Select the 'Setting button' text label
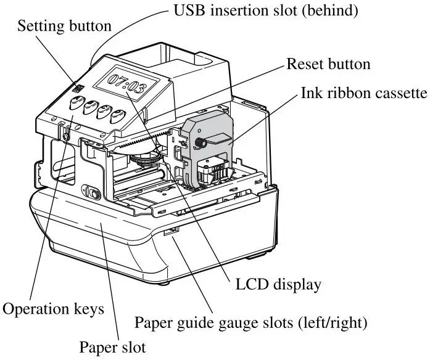click(x=65, y=27)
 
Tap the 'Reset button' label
click(x=329, y=64)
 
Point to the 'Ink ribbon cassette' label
click(x=364, y=94)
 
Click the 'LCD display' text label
click(x=279, y=285)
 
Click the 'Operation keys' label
click(x=54, y=308)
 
